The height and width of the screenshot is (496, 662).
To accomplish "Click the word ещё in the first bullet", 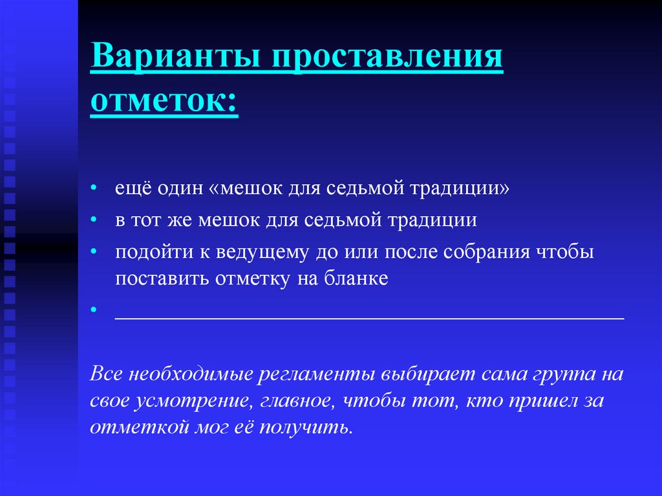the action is [x=133, y=188].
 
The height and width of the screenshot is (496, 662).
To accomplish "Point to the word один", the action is [x=181, y=188].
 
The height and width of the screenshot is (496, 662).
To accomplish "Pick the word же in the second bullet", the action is [x=179, y=221].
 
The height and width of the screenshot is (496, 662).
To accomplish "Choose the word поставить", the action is [x=162, y=279].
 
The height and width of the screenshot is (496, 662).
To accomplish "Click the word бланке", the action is [x=356, y=279].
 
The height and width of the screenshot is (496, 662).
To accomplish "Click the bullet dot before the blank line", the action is [x=94, y=309].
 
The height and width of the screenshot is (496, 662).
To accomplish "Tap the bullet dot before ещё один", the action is [x=94, y=187].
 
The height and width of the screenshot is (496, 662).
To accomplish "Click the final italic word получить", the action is [x=306, y=427].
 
